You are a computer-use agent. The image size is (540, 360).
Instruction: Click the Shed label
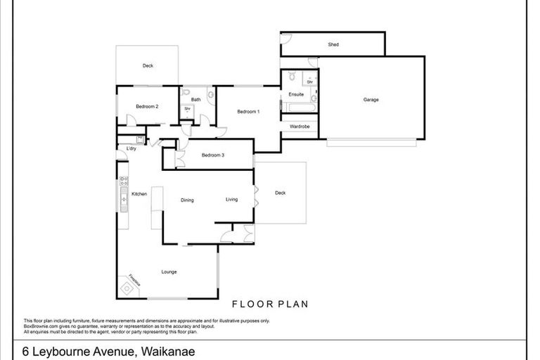point(333,45)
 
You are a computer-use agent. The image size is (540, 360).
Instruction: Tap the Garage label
point(371,100)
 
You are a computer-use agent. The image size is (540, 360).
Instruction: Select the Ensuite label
point(296,94)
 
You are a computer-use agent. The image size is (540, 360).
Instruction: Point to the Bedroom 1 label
point(248,112)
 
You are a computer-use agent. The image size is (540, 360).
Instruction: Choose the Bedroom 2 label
point(147,106)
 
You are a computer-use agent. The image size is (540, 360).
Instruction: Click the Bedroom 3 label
point(212,155)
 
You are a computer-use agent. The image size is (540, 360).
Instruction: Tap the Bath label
point(196,100)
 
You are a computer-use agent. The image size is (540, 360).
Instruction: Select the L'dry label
point(131,149)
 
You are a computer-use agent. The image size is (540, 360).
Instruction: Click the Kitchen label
point(139,193)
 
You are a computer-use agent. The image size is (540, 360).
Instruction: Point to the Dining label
point(187,200)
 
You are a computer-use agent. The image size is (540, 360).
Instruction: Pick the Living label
point(231,199)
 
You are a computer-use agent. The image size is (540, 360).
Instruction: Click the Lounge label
point(169,271)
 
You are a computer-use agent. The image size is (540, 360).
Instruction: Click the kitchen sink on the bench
point(123,200)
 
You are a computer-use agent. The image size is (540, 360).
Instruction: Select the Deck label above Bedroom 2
point(148,66)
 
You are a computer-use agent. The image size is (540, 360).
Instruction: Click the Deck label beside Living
point(281,193)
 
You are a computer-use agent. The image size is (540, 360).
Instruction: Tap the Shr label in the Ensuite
point(309,82)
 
